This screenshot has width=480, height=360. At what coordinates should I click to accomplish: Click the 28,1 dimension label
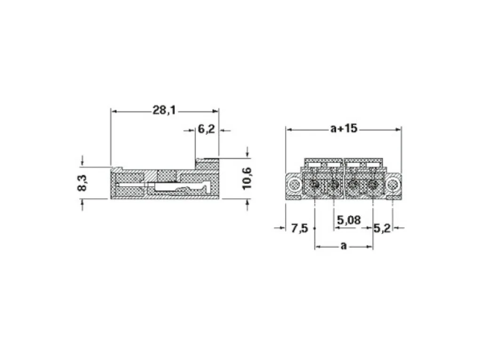(x=164, y=110)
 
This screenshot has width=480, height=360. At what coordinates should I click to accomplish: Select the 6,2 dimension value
(x=206, y=129)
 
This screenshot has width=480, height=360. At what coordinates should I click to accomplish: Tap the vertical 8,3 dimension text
(x=82, y=183)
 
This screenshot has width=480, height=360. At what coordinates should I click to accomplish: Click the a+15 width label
(x=344, y=128)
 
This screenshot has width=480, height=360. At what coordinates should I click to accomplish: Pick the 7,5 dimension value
(x=299, y=228)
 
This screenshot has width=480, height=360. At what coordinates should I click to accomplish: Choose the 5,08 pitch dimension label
(x=349, y=220)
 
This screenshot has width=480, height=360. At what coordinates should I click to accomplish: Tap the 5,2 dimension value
(x=382, y=228)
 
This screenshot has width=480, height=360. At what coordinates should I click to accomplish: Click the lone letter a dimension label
(x=344, y=246)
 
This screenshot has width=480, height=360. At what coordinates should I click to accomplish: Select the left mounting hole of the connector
(x=294, y=184)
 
